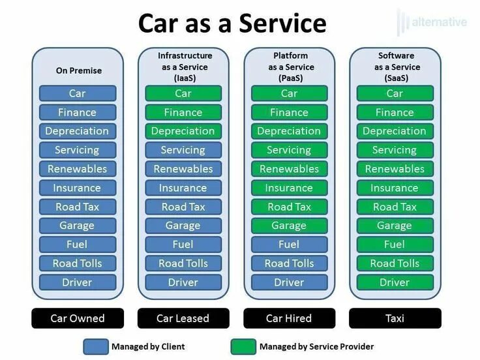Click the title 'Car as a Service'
tap(232, 23)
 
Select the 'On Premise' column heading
tap(78, 70)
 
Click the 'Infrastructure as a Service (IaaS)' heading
tap(183, 67)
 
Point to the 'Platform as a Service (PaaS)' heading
tap(289, 67)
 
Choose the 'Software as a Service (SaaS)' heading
tap(395, 67)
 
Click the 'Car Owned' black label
tap(78, 318)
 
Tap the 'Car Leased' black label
tap(183, 318)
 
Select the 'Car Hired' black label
tap(289, 318)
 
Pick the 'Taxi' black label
tap(395, 318)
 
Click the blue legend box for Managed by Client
tap(95, 346)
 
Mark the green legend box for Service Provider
tap(243, 346)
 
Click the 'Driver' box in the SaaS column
tap(395, 282)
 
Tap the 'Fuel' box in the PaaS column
tap(289, 245)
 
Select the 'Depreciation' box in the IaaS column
tap(183, 131)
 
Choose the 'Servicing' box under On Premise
tap(78, 150)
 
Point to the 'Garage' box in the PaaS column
tap(289, 226)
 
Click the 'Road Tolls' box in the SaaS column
tap(395, 263)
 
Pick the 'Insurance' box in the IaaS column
tap(183, 188)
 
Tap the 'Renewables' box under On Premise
tap(78, 169)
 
